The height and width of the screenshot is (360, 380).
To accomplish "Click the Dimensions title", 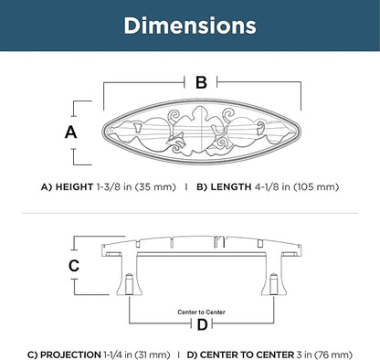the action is tap(190, 26).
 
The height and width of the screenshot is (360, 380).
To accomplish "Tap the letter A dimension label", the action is tap(71, 132).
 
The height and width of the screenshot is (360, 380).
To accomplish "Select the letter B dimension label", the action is tap(201, 82).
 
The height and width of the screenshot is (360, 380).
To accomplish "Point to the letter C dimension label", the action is tap(74, 266).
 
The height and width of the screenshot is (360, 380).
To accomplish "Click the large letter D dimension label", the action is tap(202, 324).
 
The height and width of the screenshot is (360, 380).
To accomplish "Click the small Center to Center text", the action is tap(201, 312).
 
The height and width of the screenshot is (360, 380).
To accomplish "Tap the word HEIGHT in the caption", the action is tap(74, 186).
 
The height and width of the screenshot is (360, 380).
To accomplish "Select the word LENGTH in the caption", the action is tap(231, 186).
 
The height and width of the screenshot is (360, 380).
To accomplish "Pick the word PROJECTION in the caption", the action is tap(70, 355).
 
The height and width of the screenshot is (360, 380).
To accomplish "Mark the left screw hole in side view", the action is tap(130, 284).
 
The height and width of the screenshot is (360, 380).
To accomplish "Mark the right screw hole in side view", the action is tap(274, 284).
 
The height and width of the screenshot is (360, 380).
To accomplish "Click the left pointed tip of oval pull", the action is tap(102, 132).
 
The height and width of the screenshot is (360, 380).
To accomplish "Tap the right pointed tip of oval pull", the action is tap(301, 132).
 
